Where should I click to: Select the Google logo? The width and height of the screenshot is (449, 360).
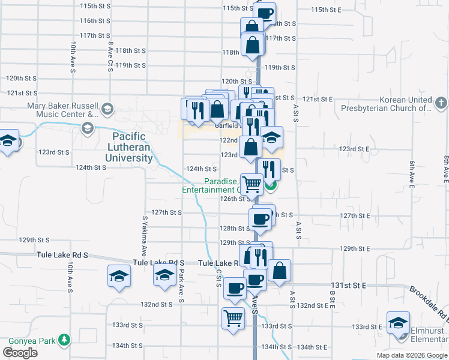[x=20, y=353]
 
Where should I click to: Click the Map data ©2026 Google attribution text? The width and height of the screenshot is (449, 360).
[x=412, y=355]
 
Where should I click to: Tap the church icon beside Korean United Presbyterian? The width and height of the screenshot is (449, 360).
[x=441, y=103]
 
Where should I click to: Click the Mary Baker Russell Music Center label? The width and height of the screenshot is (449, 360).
[x=62, y=109]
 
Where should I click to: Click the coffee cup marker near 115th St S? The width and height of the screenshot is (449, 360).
[x=265, y=12]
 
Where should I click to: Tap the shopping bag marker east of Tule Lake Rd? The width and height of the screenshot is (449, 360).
[x=279, y=270]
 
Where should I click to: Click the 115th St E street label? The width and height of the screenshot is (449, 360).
[x=326, y=10]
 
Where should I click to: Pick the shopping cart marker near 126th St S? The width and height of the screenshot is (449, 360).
[x=252, y=184]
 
